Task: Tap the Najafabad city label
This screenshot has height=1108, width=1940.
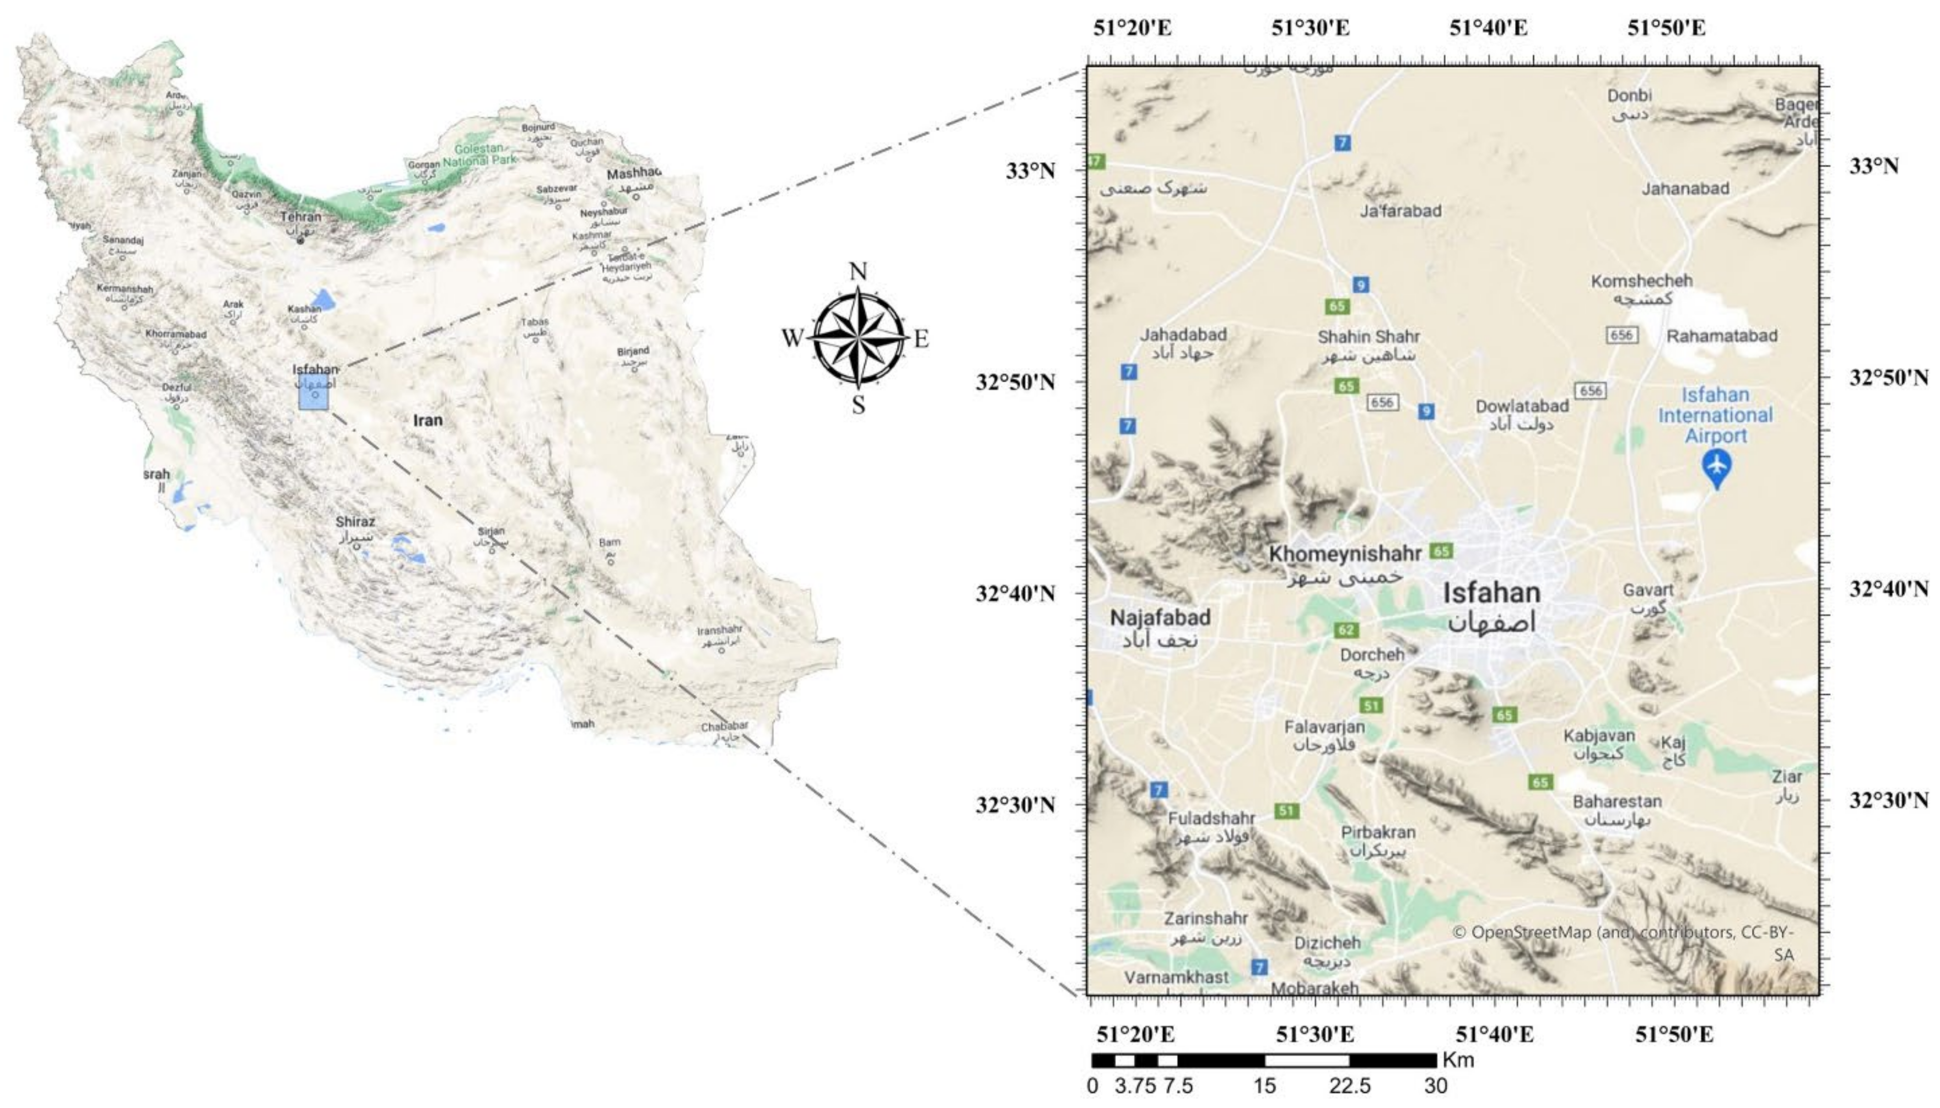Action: tap(1160, 617)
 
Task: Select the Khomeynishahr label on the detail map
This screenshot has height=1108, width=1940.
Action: tap(1345, 554)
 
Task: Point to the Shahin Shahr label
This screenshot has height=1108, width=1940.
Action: tap(1368, 336)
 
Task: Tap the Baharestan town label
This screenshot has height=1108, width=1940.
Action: tap(1617, 801)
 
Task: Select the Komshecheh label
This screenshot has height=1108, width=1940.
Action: tap(1641, 281)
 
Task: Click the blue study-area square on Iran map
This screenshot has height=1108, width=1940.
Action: tap(313, 392)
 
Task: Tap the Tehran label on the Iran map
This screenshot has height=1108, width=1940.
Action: tap(301, 217)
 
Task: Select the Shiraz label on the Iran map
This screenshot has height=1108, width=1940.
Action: tap(355, 522)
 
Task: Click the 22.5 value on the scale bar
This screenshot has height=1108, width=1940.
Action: tap(1350, 1086)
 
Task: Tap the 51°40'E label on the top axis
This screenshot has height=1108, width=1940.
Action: tap(1488, 28)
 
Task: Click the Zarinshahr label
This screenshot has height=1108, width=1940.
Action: tap(1206, 919)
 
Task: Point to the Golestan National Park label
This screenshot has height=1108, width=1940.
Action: tap(480, 154)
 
